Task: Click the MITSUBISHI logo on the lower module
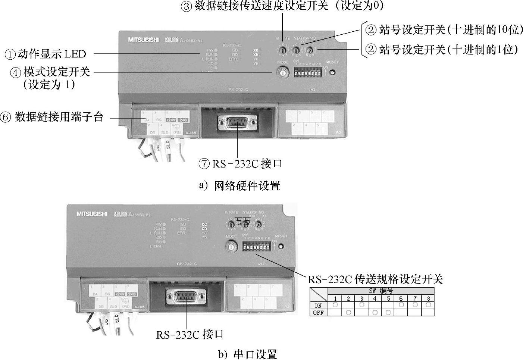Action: pos(92,214)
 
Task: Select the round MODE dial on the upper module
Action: pos(283,73)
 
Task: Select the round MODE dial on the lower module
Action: pos(232,247)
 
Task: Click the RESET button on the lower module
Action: pos(281,246)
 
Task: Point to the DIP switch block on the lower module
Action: pos(256,247)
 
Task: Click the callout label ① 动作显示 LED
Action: pos(45,54)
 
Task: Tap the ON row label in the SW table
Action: pos(318,305)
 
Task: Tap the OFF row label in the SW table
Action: pos(318,313)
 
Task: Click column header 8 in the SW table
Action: pos(428,298)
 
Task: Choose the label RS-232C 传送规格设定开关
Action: pos(375,279)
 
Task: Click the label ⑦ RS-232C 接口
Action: pos(240,164)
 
